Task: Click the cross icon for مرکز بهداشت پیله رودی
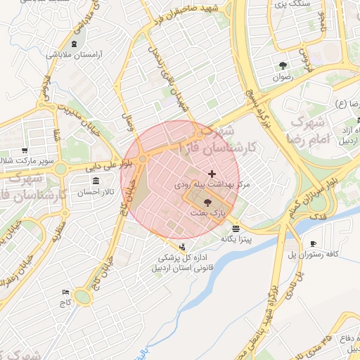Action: pos(212,173)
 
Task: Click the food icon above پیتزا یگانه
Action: pos(235,228)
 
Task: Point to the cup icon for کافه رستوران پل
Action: pos(313,243)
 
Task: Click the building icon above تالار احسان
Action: pos(96,181)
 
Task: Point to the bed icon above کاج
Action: pos(65,292)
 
